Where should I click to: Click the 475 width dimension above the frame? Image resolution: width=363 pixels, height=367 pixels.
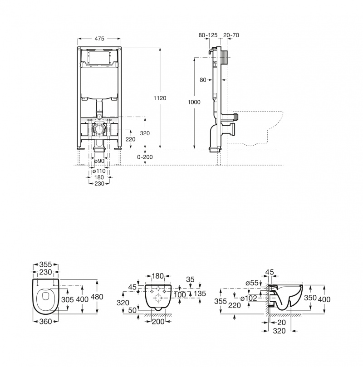pyautogui.click(x=99, y=39)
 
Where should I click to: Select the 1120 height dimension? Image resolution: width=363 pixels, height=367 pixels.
pyautogui.click(x=161, y=98)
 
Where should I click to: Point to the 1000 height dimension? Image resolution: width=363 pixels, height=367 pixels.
pyautogui.click(x=194, y=103)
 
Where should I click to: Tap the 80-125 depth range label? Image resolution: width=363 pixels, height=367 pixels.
pyautogui.click(x=208, y=35)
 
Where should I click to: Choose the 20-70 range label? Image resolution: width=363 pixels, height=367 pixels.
pyautogui.click(x=232, y=35)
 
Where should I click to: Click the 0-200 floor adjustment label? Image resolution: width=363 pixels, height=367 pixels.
pyautogui.click(x=146, y=157)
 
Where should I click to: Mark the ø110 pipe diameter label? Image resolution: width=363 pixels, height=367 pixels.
pyautogui.click(x=99, y=171)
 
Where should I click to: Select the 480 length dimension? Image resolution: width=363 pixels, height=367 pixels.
pyautogui.click(x=97, y=297)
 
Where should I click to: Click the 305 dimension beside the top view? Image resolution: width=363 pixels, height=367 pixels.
pyautogui.click(x=68, y=300)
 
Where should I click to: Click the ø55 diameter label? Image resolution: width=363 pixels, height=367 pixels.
pyautogui.click(x=252, y=283)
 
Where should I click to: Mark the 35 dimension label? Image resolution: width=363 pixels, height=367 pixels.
pyautogui.click(x=190, y=280)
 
